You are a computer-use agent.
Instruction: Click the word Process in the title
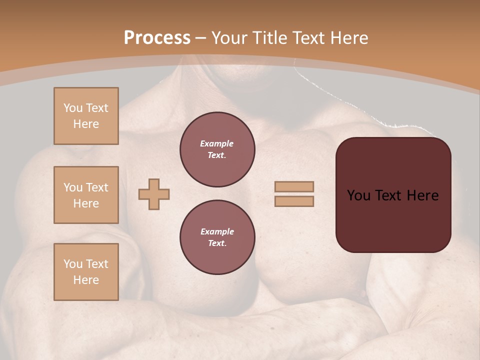coord(157,38)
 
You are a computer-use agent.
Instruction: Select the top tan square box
coord(86,116)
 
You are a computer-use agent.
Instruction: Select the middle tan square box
coord(86,195)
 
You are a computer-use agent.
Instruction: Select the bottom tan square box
coord(86,272)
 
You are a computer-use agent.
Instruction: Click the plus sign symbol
coord(154,194)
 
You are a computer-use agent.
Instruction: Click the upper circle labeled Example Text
coord(217,149)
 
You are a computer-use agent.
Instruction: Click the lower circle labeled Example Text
coord(217,237)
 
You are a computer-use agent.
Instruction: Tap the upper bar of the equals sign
coord(294,186)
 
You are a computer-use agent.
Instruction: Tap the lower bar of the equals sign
coord(294,201)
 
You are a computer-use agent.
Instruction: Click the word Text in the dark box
coord(388,195)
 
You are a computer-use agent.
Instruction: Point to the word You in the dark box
coord(358,195)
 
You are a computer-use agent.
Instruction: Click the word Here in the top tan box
coord(86,124)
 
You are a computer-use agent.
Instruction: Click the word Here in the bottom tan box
coord(86,280)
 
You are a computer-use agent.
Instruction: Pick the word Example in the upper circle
coord(217,143)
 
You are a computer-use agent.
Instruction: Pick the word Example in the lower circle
coord(217,231)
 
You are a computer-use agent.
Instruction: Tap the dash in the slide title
coord(201,38)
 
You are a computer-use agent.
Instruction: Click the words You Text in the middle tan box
coord(86,187)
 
